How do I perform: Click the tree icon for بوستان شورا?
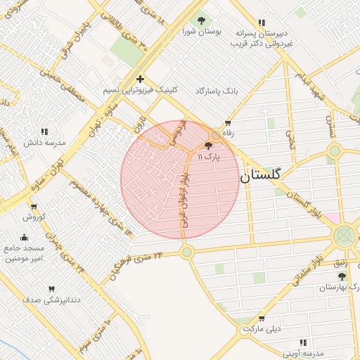202,20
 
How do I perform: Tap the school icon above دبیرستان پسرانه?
262,22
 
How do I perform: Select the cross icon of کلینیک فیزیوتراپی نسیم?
141,79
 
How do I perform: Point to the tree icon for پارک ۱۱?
208,146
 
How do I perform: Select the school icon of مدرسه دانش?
44,131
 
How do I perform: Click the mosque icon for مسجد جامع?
25,237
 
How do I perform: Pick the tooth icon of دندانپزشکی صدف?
51,288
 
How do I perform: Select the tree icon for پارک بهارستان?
342,276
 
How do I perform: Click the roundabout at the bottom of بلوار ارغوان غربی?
186,251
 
